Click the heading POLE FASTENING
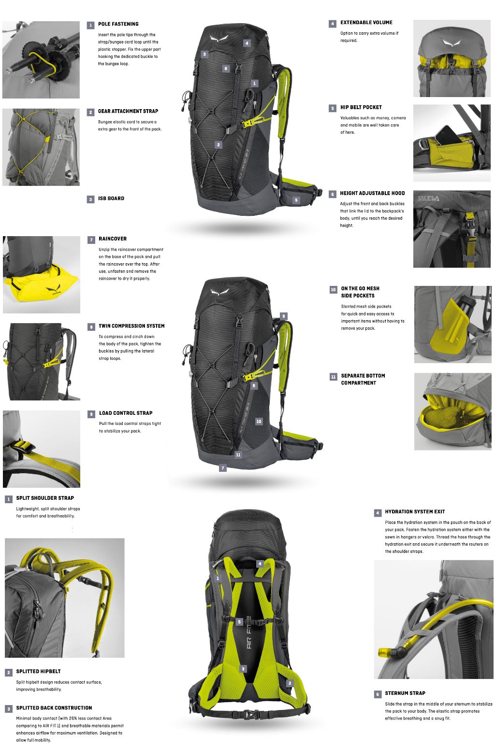118,24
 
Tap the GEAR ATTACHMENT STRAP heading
128,112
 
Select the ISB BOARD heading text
111,198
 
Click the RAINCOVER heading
113,239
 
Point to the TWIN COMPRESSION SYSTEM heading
131,326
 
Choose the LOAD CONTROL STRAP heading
126,413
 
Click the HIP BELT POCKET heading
361,107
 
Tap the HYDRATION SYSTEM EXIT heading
415,511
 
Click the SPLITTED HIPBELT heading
39,671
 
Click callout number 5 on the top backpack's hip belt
296,200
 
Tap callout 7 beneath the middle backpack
223,468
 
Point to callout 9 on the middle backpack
283,316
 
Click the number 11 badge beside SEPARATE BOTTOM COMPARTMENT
334,377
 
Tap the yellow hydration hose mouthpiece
386,652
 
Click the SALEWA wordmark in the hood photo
428,198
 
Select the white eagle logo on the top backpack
219,39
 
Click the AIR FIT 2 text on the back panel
249,632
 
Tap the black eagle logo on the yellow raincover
54,289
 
